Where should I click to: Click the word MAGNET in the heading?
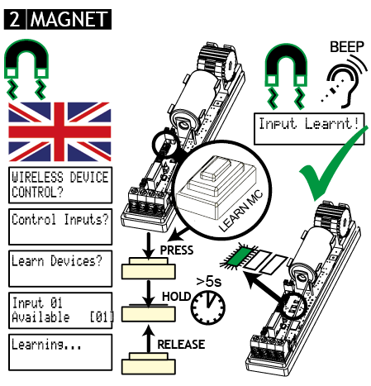tap(69, 19)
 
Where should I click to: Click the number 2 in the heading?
tap(15, 19)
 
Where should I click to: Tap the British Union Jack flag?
tap(59, 131)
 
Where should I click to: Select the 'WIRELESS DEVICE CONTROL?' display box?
tap(60, 185)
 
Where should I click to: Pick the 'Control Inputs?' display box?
tap(60, 226)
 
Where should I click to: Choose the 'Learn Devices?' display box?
tap(60, 269)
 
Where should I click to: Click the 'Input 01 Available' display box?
tap(60, 311)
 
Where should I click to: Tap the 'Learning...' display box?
tap(60, 352)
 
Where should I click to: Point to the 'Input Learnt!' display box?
tap(309, 129)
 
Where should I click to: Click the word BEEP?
tap(347, 47)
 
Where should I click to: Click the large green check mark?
tap(334, 163)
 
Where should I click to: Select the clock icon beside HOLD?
tap(208, 307)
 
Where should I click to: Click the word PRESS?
tap(177, 250)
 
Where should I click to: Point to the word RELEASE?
tap(181, 345)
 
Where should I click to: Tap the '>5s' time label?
tap(209, 282)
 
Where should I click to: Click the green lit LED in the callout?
tap(239, 256)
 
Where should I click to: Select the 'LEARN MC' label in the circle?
tap(240, 211)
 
